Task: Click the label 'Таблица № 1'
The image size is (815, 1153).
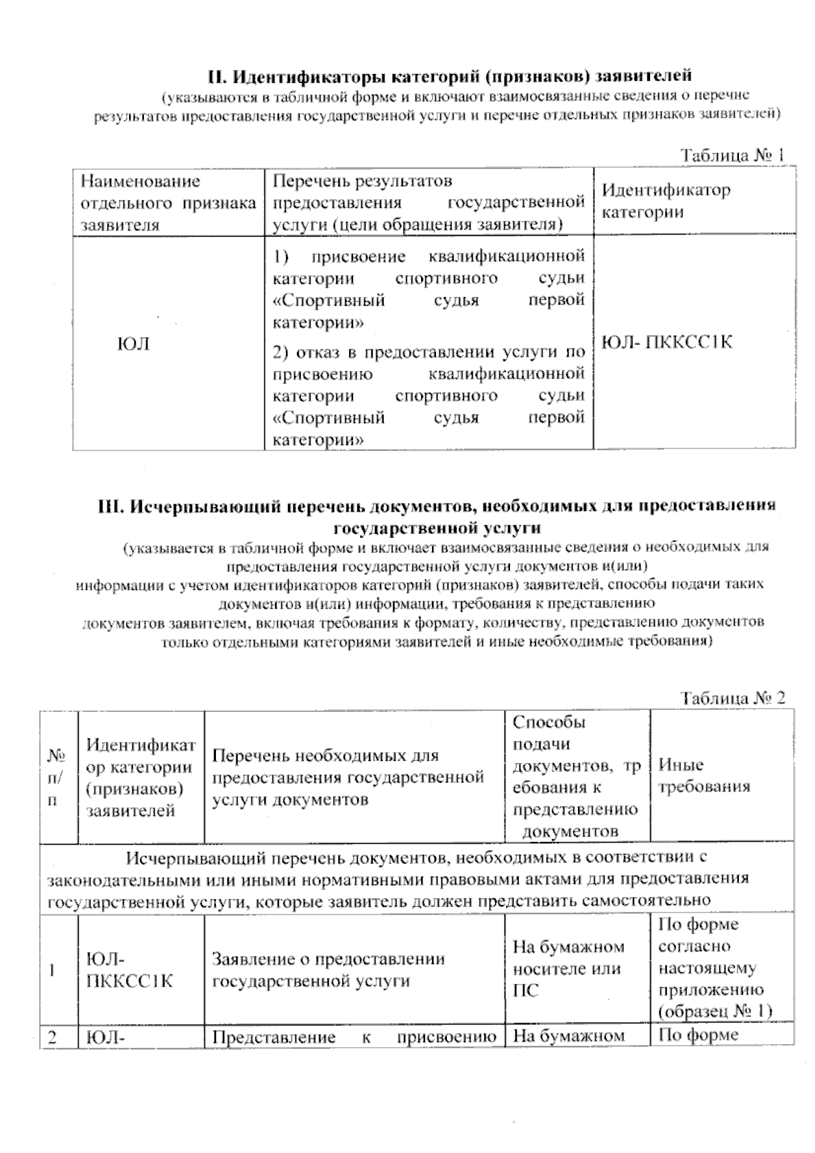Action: click(733, 155)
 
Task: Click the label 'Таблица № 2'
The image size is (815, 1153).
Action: click(733, 698)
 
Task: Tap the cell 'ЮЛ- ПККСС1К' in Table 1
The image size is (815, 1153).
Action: click(667, 342)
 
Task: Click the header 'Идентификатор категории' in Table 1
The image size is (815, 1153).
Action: click(666, 200)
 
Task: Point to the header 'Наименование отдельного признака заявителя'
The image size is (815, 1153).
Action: click(168, 203)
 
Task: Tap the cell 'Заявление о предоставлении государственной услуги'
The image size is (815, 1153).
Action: click(329, 970)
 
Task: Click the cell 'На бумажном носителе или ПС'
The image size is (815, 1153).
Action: click(568, 969)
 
